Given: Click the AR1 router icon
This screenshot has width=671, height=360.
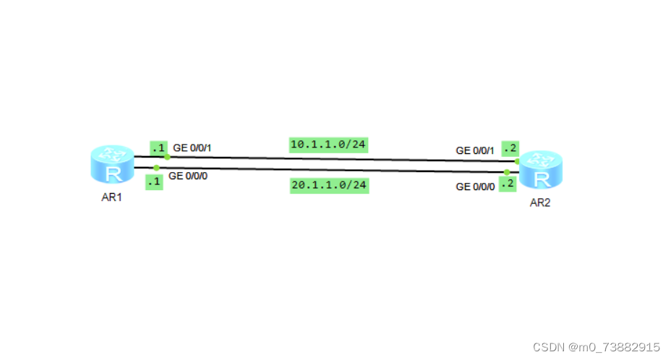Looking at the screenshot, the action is point(113,165).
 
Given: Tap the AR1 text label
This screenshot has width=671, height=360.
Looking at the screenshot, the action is point(112,197).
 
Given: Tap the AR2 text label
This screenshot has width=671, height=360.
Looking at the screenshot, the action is point(540,203).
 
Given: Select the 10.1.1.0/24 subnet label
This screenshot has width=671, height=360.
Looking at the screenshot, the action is point(328,145).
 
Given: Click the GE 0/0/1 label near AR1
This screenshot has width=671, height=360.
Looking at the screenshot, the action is point(192,147).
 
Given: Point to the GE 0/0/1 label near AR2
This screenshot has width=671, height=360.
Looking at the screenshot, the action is point(475,150).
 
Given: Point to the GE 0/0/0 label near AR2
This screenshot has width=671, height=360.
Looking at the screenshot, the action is point(475,187).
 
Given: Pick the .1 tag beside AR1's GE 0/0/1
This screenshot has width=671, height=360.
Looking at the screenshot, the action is point(158,147).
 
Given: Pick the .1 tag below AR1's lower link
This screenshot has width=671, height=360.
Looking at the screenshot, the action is point(153,182).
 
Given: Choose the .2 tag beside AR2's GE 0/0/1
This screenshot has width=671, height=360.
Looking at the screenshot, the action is point(510,149).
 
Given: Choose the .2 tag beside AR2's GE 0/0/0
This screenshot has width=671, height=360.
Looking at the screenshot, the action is point(506,184).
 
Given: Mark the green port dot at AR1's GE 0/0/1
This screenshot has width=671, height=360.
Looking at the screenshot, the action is point(167,156).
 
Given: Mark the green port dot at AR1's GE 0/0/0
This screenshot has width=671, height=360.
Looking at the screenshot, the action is point(156,168).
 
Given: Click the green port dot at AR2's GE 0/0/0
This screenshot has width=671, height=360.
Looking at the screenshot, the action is point(507,172).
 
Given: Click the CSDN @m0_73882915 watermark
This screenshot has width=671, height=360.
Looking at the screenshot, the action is point(596,348).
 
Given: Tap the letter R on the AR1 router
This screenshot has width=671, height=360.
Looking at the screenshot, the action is point(113,173).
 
